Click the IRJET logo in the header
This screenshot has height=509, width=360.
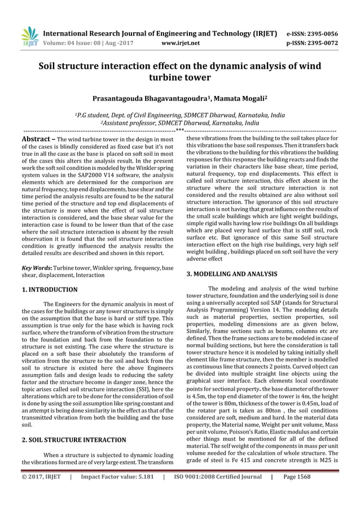tap(28, 36)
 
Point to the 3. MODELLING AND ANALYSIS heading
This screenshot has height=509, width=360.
tap(231, 274)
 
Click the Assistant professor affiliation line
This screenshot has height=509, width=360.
tap(179, 122)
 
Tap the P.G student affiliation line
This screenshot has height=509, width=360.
tap(179, 114)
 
